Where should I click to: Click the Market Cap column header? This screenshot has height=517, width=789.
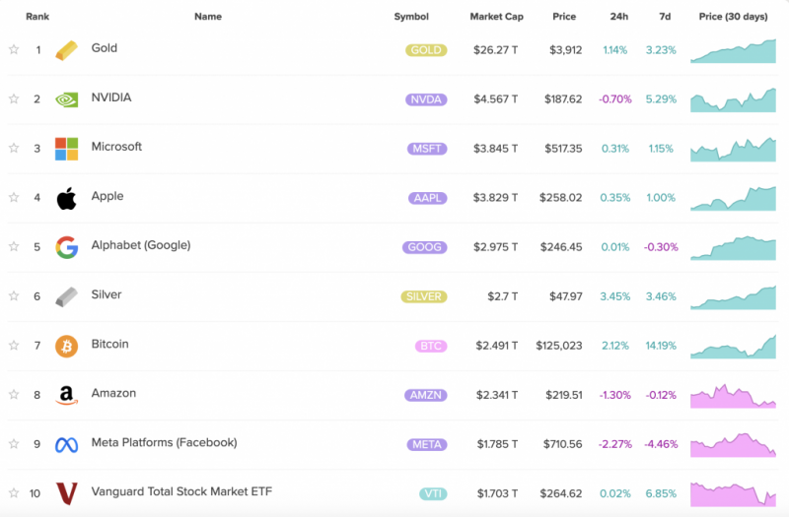click(496, 17)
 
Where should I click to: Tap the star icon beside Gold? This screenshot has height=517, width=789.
click(14, 49)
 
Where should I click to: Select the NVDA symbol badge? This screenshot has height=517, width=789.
click(426, 99)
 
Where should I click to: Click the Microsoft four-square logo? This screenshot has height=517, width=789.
click(66, 149)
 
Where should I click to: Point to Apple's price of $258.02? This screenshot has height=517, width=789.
click(560, 198)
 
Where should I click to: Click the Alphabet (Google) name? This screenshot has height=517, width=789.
click(141, 245)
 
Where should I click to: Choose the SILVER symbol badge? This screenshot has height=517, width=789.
click(424, 296)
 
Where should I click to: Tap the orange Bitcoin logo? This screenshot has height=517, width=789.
click(66, 347)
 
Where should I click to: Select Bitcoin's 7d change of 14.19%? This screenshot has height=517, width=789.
click(661, 346)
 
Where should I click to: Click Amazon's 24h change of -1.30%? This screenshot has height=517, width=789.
click(614, 395)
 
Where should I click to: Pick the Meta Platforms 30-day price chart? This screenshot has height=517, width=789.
click(733, 445)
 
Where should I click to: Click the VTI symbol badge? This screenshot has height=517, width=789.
click(433, 494)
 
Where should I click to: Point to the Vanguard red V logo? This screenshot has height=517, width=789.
click(66, 493)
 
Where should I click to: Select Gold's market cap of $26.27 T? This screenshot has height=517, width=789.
click(496, 50)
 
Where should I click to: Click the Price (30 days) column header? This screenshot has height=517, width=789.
click(733, 17)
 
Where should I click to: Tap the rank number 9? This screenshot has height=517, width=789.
click(36, 444)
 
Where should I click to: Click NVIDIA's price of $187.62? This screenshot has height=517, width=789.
click(563, 99)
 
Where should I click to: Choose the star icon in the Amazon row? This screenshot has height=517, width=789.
click(14, 395)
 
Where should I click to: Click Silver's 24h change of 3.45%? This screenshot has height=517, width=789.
click(614, 296)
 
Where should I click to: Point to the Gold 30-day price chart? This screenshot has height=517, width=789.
click(733, 51)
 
